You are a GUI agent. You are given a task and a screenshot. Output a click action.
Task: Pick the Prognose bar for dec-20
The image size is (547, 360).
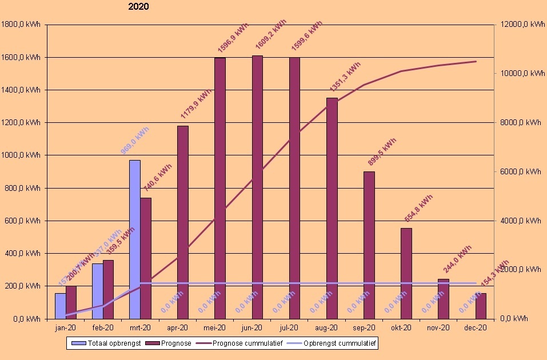481,306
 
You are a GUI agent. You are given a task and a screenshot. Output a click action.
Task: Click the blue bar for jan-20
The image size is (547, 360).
60,306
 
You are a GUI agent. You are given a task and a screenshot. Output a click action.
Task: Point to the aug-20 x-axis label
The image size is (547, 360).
326,328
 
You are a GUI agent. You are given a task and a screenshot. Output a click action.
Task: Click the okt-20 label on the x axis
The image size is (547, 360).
401,328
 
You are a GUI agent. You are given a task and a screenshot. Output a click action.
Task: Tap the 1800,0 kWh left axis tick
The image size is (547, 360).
21,25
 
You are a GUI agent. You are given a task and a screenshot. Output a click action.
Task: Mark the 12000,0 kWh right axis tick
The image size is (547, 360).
520,25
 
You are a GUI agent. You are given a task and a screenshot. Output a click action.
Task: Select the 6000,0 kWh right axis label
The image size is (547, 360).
518,171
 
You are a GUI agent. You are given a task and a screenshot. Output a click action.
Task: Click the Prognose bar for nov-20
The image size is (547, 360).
444,298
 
